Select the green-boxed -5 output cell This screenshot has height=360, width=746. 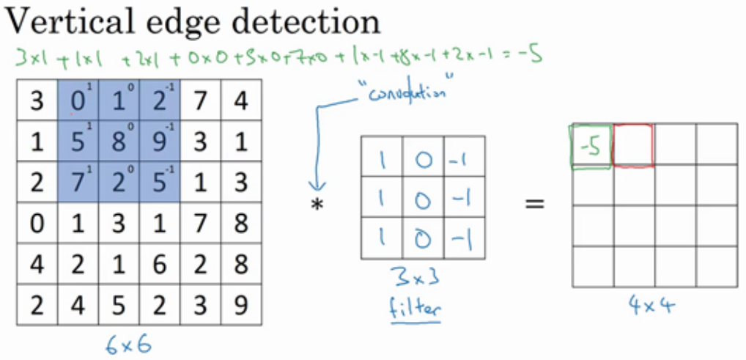(590, 147)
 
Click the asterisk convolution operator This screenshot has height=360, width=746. (317, 205)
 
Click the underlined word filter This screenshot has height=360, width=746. (415, 309)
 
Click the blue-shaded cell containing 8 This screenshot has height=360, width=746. (118, 140)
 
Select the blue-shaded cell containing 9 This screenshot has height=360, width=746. (159, 140)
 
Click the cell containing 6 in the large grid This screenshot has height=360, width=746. (159, 262)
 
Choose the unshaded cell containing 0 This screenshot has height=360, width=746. (37, 221)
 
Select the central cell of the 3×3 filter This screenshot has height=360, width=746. (423, 197)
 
